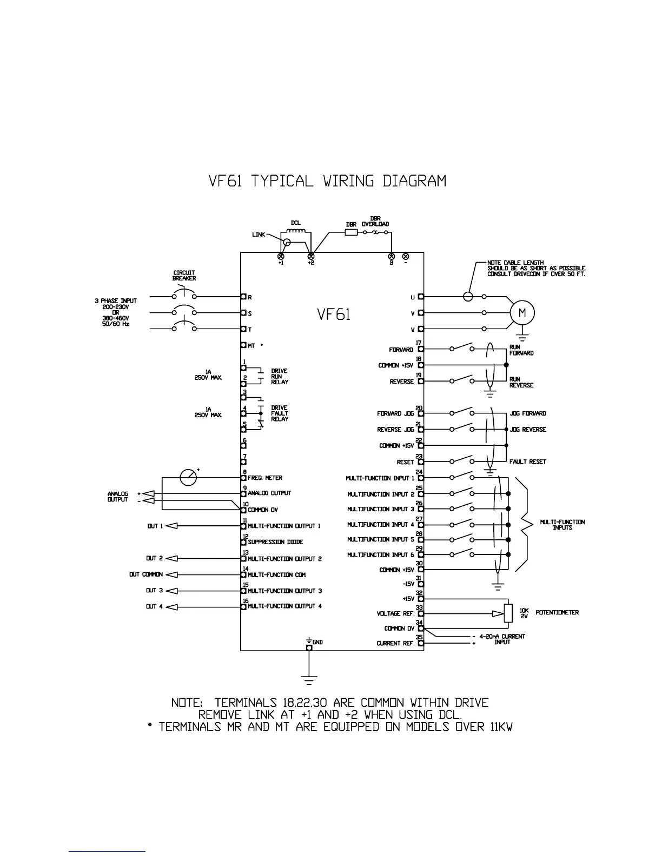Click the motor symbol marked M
(x=522, y=313)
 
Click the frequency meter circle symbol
(x=188, y=478)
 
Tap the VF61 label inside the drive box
(x=333, y=314)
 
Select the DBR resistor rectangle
(x=351, y=232)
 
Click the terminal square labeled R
(x=244, y=297)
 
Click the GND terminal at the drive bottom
(x=309, y=647)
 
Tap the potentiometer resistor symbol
(x=507, y=613)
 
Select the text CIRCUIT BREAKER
(x=184, y=276)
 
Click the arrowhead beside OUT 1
(x=171, y=526)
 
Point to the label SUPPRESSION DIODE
(x=275, y=542)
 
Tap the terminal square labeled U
(x=421, y=297)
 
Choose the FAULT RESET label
(x=527, y=462)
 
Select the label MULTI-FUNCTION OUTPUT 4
(x=284, y=606)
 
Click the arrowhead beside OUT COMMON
(x=171, y=574)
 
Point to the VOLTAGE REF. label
(x=396, y=614)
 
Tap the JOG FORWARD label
(x=527, y=413)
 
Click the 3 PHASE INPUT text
(x=119, y=300)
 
